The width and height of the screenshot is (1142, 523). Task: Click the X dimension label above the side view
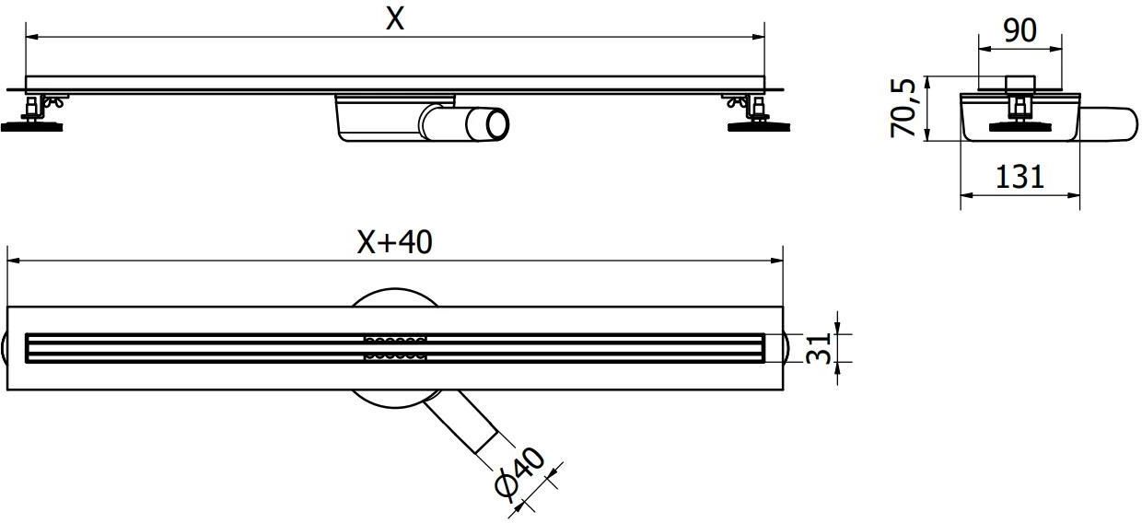[395, 20]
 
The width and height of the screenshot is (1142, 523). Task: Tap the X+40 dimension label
[394, 242]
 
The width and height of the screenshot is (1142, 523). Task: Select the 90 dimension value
[1020, 30]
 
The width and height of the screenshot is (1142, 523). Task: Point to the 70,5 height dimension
[903, 108]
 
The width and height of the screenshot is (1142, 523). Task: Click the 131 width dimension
[1020, 177]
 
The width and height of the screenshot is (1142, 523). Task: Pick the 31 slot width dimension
[818, 348]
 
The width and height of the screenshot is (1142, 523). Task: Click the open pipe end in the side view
[496, 124]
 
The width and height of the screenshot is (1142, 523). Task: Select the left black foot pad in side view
[32, 126]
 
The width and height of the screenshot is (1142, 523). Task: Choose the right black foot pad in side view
[759, 126]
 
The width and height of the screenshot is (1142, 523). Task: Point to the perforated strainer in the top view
[395, 348]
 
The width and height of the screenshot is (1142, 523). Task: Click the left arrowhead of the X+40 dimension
[13, 261]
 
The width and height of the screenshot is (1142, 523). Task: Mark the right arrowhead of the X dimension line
[759, 37]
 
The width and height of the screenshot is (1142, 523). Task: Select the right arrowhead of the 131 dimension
[1074, 194]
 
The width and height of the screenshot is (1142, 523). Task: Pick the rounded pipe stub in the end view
[1107, 124]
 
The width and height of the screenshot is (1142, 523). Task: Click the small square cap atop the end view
[1020, 85]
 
